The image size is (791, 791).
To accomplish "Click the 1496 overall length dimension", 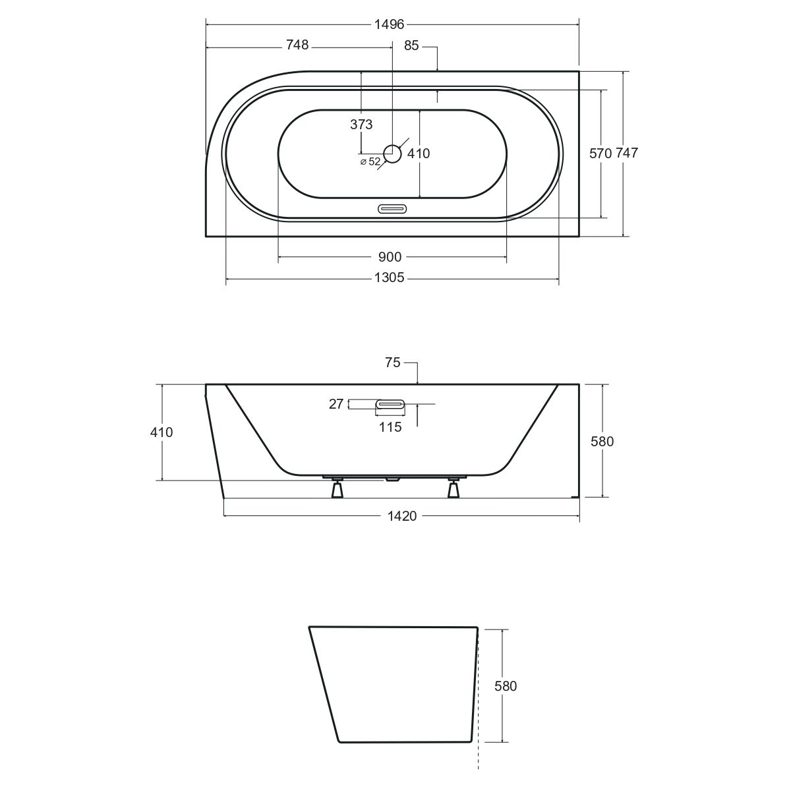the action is (x=389, y=24).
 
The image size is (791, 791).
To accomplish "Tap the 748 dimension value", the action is (x=297, y=45).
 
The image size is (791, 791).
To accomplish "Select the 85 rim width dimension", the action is (x=411, y=45).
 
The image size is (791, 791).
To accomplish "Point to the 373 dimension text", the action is (x=361, y=124).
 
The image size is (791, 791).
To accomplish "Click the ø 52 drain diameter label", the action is (x=370, y=161).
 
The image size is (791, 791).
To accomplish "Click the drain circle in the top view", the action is (x=392, y=154).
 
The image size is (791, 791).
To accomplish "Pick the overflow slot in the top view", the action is (x=392, y=209).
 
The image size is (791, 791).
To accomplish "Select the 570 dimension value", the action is (x=601, y=153).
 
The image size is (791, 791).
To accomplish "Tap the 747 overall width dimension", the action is (x=627, y=153).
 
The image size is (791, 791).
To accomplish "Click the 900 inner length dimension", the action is (x=390, y=257).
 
